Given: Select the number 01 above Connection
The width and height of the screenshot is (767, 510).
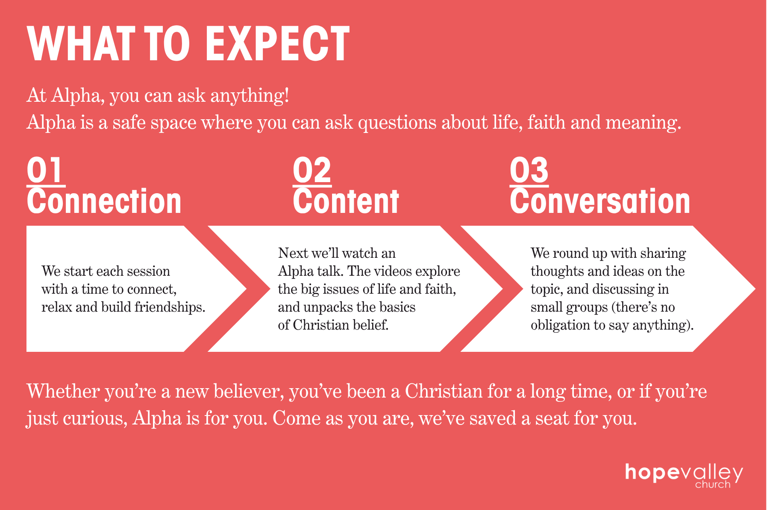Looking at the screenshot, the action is coord(45,171).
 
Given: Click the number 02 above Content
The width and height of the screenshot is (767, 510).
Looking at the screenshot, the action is coord(312,171).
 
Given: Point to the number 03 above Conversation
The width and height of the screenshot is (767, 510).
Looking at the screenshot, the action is coord(529,171).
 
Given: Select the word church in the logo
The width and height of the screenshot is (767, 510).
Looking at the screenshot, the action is coord(713,484).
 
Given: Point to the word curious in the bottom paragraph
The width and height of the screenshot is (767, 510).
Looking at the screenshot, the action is coord(95,418).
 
